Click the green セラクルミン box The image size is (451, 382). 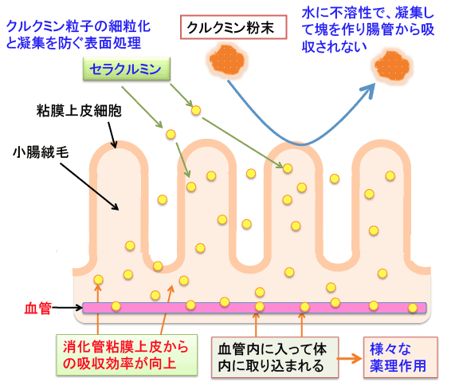tap(127, 69)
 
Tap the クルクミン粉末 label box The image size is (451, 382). tap(233, 27)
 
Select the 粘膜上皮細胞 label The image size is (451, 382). tap(79, 111)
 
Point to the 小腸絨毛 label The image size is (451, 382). tap(41, 152)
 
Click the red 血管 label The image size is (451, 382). tap(38, 308)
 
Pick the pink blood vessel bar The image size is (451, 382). tap(254, 308)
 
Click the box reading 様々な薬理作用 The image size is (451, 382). tap(401, 357)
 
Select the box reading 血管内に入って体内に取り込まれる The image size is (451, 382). tap(275, 357)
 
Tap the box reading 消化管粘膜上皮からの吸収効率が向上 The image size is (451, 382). tap(127, 355)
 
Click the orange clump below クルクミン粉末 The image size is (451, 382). tap(227, 60)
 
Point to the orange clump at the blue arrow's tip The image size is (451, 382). tap(393, 67)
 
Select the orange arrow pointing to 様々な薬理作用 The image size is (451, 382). tap(350, 358)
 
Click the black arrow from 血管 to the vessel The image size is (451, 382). tap(68, 308)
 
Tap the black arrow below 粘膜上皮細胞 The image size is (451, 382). tap(112, 135)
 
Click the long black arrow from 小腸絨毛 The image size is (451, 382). tap(89, 187)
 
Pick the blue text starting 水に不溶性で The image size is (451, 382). tap(367, 30)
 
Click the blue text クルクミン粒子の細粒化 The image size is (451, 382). tap(78, 26)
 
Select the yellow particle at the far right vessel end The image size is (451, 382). tap(413, 308)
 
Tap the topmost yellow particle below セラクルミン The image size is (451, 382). tap(196, 110)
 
